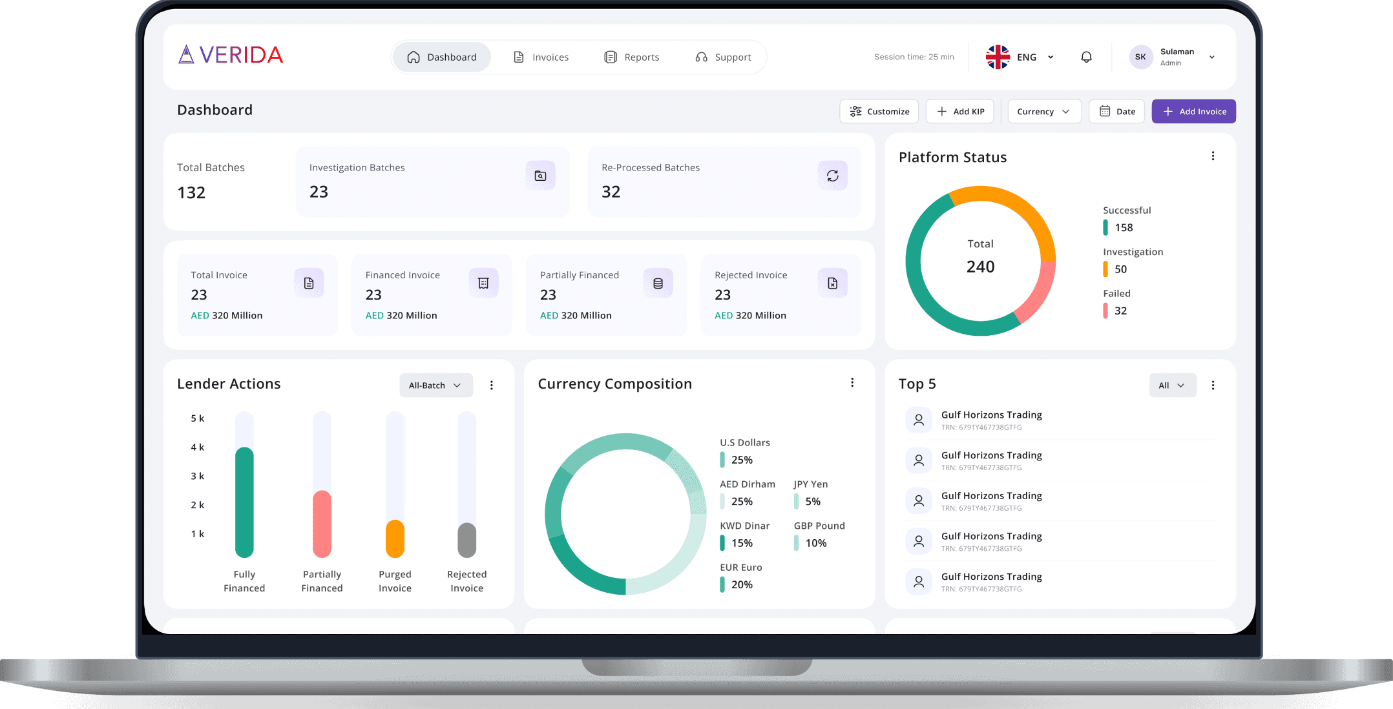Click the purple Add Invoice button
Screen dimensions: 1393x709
(x=1193, y=111)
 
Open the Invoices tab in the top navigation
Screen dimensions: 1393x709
(x=541, y=57)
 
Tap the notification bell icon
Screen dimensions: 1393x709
(x=1086, y=57)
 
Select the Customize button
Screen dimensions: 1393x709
(x=879, y=111)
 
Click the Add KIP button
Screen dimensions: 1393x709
(x=960, y=111)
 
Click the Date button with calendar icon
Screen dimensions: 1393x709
(x=1116, y=111)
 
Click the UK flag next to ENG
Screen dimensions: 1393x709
(x=998, y=57)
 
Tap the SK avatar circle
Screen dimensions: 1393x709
(x=1140, y=57)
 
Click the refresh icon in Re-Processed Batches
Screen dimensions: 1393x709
(x=832, y=176)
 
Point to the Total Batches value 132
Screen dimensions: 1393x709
(x=191, y=192)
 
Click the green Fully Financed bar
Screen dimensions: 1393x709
(x=244, y=502)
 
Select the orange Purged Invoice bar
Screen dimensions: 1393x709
(x=395, y=539)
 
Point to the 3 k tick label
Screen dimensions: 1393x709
(x=197, y=476)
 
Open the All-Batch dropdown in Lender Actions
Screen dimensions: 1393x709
(x=436, y=385)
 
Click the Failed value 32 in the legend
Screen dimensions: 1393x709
(x=1120, y=311)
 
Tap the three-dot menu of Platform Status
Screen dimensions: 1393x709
(x=1213, y=156)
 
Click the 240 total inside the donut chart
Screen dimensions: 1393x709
(x=980, y=267)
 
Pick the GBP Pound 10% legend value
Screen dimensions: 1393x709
(x=815, y=543)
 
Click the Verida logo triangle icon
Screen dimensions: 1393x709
(x=186, y=55)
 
